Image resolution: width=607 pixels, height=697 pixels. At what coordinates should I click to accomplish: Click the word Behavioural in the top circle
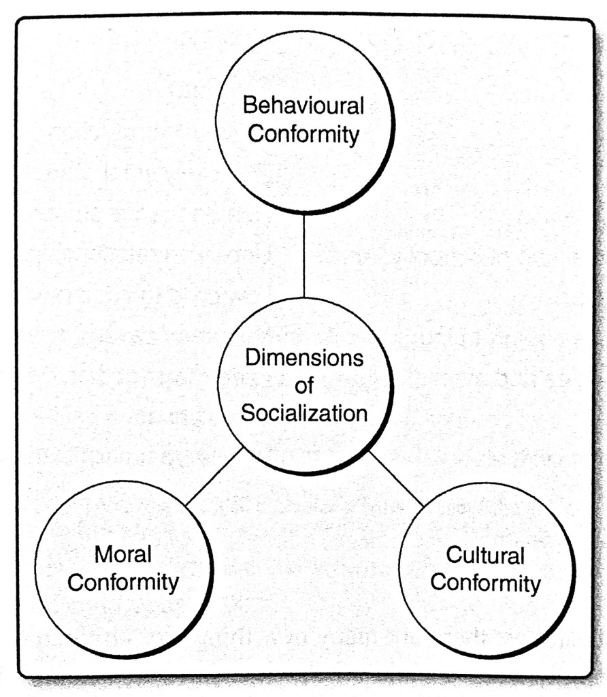coord(303,107)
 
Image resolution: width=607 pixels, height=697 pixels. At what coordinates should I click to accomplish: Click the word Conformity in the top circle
coord(303,134)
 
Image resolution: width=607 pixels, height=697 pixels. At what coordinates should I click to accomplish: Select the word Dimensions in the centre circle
coord(304,358)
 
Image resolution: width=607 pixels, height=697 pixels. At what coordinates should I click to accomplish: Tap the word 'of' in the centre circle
coord(304,386)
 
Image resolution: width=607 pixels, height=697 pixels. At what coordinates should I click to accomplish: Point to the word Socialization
coord(304,413)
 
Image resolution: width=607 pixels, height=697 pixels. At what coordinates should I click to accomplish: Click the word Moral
coord(123,555)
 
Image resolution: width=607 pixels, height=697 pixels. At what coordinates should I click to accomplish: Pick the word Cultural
coord(485,555)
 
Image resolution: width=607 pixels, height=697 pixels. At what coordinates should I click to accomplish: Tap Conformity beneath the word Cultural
coord(486,583)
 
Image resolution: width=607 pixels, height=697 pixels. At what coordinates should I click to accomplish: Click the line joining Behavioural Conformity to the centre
coord(304,255)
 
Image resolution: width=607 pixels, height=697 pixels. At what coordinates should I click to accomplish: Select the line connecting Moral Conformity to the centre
coord(214,476)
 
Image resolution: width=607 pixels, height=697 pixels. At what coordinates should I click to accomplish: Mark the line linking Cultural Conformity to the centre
coord(397,477)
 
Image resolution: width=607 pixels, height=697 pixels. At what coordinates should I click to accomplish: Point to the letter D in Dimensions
coord(252,358)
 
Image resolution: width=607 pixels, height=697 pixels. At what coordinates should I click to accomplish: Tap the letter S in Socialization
coord(247,413)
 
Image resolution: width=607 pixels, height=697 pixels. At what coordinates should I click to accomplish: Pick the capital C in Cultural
coord(454,555)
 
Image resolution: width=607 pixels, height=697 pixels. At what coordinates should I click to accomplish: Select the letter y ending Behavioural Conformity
coord(354,136)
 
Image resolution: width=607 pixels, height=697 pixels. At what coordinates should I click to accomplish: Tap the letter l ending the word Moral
coord(149,554)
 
